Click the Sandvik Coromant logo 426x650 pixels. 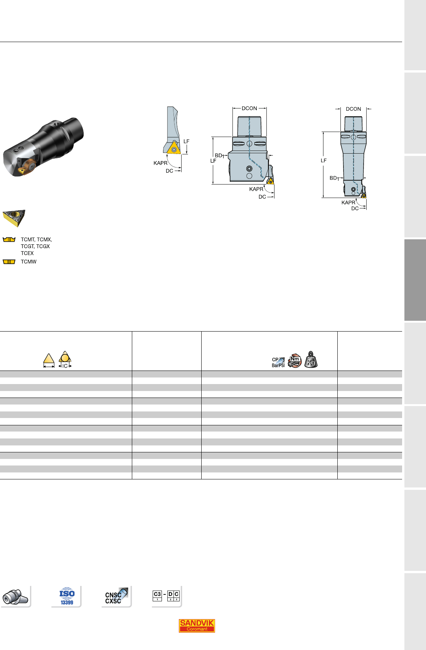197,625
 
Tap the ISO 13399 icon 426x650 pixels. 67,596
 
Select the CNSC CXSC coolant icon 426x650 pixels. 116,596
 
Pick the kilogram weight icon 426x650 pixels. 311,359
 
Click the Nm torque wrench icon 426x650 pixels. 295,361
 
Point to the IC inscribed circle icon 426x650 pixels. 65,359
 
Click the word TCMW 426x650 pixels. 29,262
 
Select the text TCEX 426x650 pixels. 27,253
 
